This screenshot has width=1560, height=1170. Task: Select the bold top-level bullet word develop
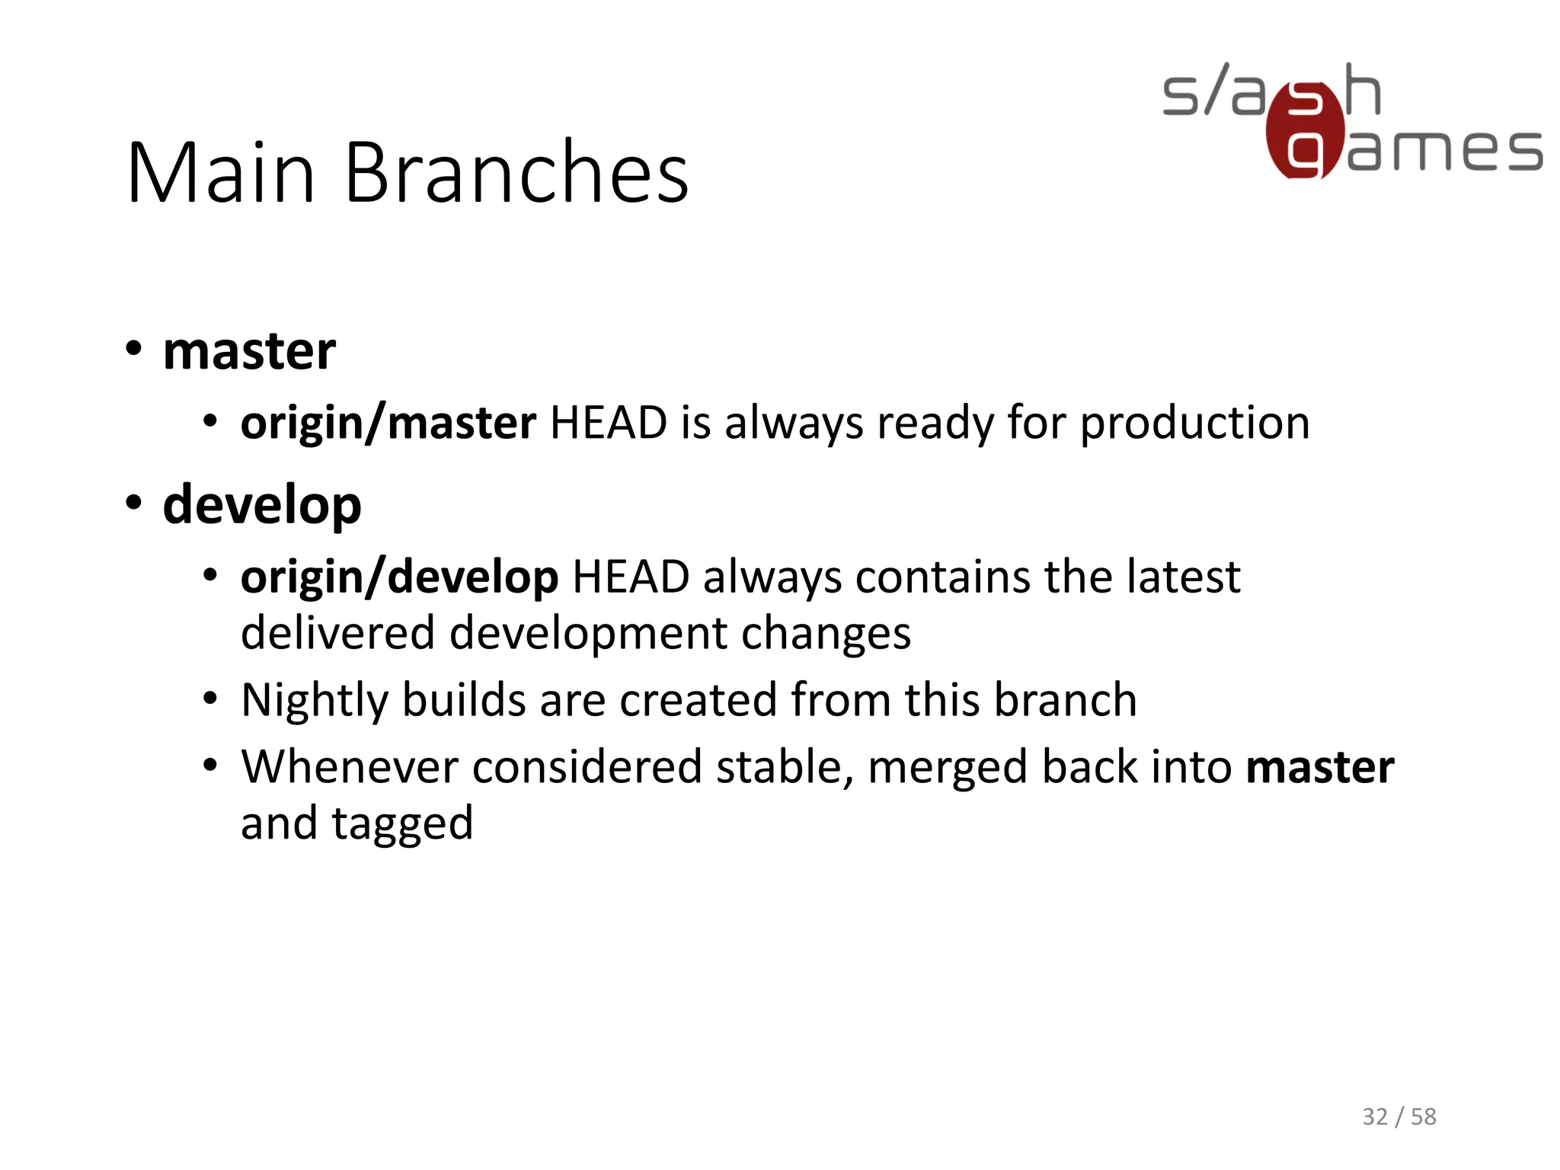pos(262,506)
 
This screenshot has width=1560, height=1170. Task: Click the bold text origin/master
pos(388,423)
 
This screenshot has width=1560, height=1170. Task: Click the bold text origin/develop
pos(399,577)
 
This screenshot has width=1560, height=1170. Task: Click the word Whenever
pos(350,767)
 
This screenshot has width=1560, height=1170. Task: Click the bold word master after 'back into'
pos(1319,767)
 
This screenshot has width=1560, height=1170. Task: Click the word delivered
pos(338,634)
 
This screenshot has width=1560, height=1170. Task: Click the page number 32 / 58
pos(1399,1117)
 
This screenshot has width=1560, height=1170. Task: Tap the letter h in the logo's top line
pos(1362,90)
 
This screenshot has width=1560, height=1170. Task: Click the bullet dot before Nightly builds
pos(211,698)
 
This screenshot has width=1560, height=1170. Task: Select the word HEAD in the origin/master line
pos(608,424)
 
